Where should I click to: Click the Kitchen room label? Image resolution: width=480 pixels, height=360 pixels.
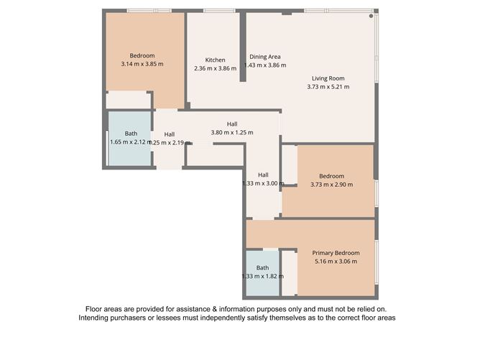(x=215, y=60)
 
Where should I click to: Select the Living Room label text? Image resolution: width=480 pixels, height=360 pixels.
(x=328, y=78)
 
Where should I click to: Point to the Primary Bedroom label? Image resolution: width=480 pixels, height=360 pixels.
(x=336, y=253)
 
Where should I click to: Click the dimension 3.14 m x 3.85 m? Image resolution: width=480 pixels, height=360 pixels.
(x=142, y=64)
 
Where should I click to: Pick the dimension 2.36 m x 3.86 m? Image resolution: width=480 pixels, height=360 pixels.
(x=215, y=68)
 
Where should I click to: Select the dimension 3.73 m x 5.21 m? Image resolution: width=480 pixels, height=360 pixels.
(x=328, y=87)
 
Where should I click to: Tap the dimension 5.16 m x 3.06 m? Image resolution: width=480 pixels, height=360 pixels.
(x=336, y=262)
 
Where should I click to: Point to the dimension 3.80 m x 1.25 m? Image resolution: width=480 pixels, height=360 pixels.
(x=232, y=132)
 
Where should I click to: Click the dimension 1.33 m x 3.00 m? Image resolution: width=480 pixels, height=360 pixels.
(x=263, y=183)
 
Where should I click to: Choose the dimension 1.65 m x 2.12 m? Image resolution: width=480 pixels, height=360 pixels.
(x=131, y=142)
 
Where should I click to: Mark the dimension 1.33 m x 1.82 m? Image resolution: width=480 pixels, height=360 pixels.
(x=262, y=276)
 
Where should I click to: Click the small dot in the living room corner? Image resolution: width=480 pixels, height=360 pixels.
(x=371, y=15)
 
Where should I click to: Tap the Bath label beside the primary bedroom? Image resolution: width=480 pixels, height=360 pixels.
(x=262, y=268)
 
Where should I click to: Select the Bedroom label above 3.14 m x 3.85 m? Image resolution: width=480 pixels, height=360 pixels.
(x=142, y=55)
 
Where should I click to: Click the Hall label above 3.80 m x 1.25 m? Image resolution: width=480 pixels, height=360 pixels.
(x=232, y=124)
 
